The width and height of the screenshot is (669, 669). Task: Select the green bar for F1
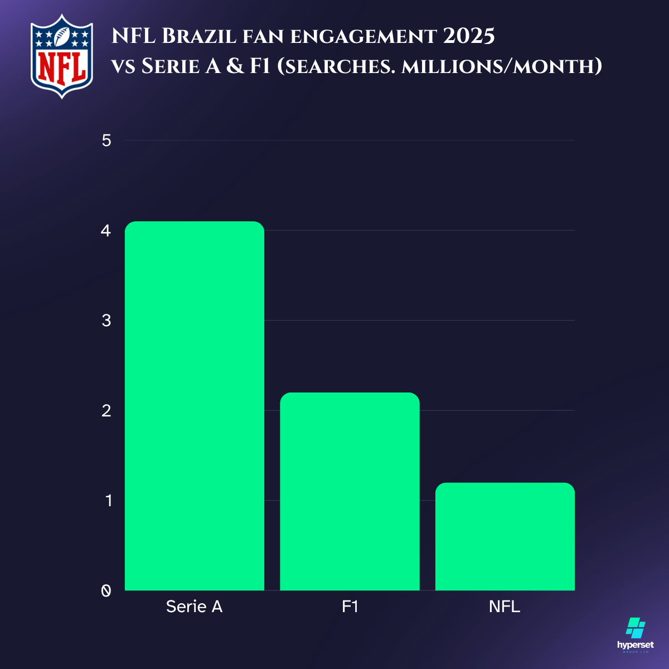350,491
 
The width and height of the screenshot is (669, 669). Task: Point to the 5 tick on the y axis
106,140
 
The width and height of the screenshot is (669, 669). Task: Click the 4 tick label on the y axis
106,230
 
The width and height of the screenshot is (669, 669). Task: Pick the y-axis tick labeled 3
106,321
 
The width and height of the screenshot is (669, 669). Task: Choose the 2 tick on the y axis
106,410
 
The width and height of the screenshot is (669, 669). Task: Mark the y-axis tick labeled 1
108,500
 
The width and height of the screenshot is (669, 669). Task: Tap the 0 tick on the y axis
106,590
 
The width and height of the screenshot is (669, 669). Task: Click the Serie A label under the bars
194,607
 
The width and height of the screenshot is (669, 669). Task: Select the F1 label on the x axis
350,607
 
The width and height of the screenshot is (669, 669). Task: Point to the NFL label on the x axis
505,607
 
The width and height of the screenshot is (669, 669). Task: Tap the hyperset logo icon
636,628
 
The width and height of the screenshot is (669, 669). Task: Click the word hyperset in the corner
636,645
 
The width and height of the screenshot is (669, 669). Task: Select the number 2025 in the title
469,37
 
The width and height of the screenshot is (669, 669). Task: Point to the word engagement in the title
363,37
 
